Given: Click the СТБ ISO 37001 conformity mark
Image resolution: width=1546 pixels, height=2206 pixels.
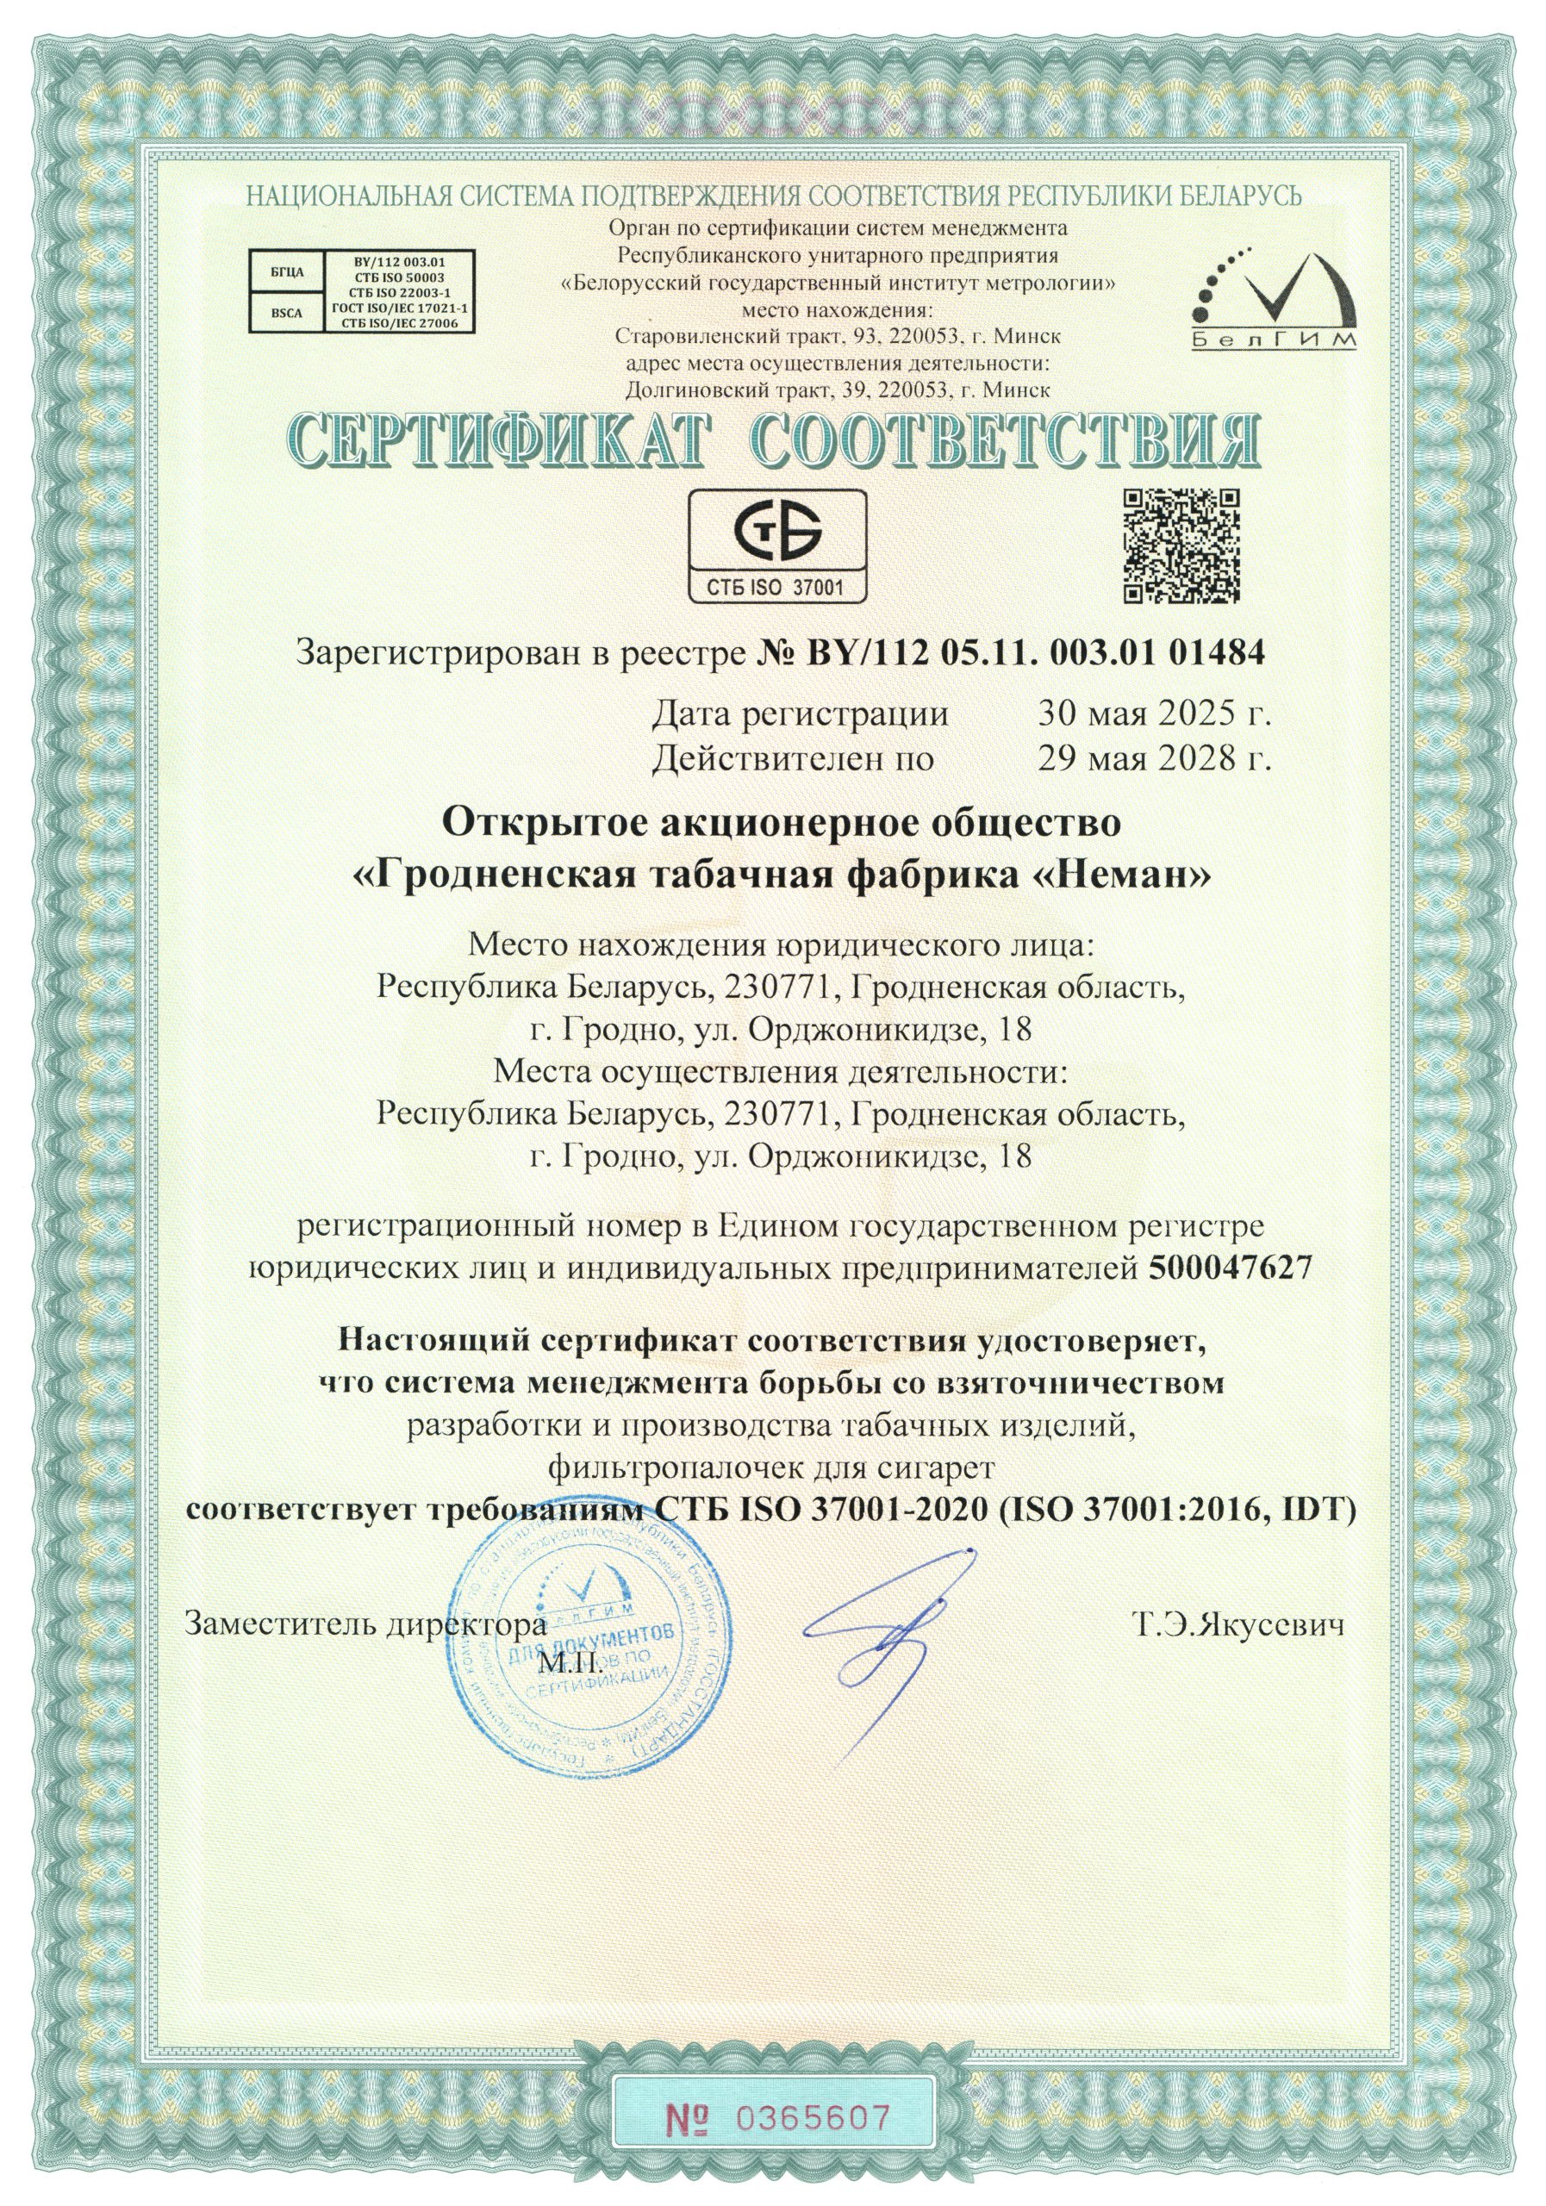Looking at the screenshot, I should [x=777, y=545].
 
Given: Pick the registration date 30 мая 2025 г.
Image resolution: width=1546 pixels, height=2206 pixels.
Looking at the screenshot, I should [x=1154, y=714].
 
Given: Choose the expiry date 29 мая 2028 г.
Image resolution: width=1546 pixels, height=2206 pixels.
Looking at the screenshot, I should [x=1154, y=759].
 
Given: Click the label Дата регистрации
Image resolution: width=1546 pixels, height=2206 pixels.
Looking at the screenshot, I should [x=800, y=714].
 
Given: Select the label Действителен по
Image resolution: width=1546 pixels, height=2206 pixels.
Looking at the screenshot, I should [x=793, y=759].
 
